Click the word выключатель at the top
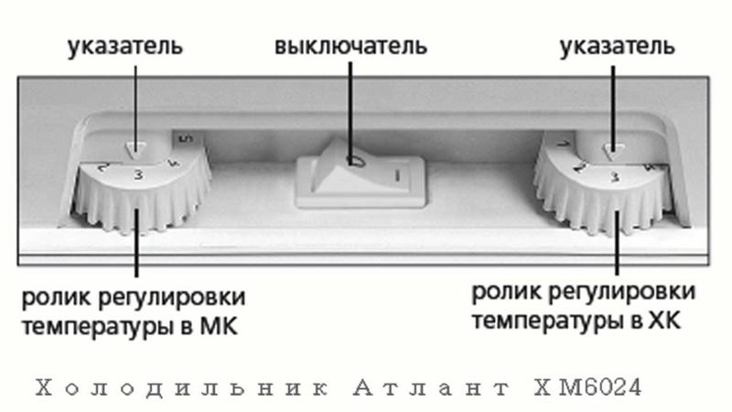pyautogui.click(x=350, y=47)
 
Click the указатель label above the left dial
pyautogui.click(x=125, y=48)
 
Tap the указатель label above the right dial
pyautogui.click(x=617, y=48)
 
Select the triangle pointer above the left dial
pyautogui.click(x=135, y=150)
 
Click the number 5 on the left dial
pyautogui.click(x=186, y=138)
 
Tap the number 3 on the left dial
pyautogui.click(x=139, y=175)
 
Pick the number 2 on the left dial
pyautogui.click(x=103, y=168)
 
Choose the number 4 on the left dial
pyautogui.click(x=174, y=165)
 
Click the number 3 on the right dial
pyautogui.click(x=616, y=177)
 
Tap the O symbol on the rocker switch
pyautogui.click(x=354, y=161)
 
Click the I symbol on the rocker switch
pyautogui.click(x=397, y=176)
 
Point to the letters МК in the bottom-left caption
pyautogui.click(x=219, y=326)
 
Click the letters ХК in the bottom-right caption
pyautogui.click(x=665, y=321)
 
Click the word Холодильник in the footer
pyautogui.click(x=181, y=388)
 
